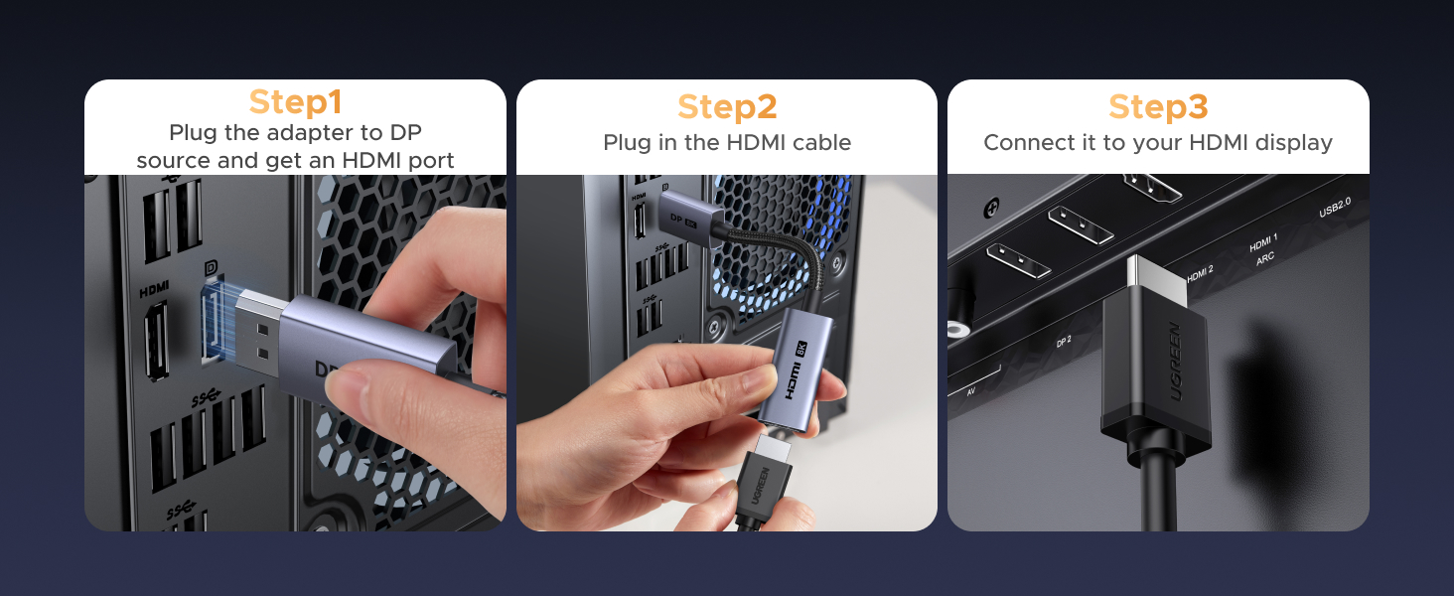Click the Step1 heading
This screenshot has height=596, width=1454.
(x=295, y=102)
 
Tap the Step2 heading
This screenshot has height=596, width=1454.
(x=726, y=106)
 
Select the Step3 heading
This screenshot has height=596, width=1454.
(x=1157, y=106)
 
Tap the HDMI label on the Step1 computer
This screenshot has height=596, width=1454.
(x=154, y=289)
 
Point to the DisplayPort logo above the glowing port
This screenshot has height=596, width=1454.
(x=211, y=268)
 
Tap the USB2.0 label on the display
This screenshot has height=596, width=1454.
(x=1334, y=208)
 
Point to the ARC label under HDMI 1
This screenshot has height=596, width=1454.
(x=1264, y=256)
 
